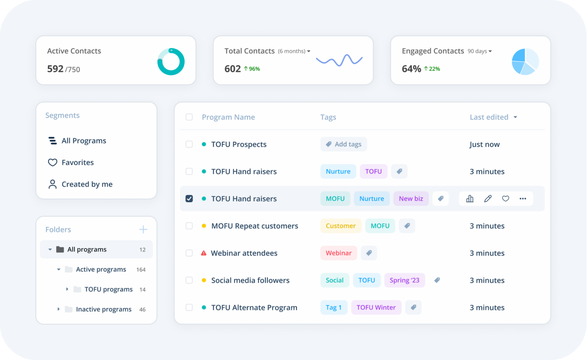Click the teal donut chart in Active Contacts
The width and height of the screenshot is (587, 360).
tap(171, 62)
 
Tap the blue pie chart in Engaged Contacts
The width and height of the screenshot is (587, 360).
tap(525, 61)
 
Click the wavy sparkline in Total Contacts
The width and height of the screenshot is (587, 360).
tap(339, 60)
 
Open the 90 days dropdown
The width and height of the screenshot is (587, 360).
tap(480, 51)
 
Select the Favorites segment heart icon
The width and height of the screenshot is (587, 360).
tap(52, 162)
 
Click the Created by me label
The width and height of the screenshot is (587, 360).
tap(87, 184)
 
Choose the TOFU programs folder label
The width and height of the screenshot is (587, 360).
tap(109, 289)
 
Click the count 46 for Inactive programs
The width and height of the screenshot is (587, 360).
tap(142, 310)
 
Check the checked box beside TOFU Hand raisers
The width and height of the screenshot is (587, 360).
tap(189, 199)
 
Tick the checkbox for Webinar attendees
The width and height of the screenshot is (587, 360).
tap(189, 253)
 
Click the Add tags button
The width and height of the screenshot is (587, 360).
tap(344, 144)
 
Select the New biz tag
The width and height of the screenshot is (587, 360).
tap(411, 199)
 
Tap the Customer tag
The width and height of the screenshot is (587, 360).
tap(341, 226)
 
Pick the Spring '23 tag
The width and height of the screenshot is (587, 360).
tap(404, 280)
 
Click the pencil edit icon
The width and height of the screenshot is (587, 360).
tap(488, 199)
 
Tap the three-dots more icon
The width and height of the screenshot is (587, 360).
tap(523, 199)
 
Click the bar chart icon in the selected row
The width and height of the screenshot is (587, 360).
tap(470, 199)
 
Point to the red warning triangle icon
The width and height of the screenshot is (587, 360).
tap(204, 253)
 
